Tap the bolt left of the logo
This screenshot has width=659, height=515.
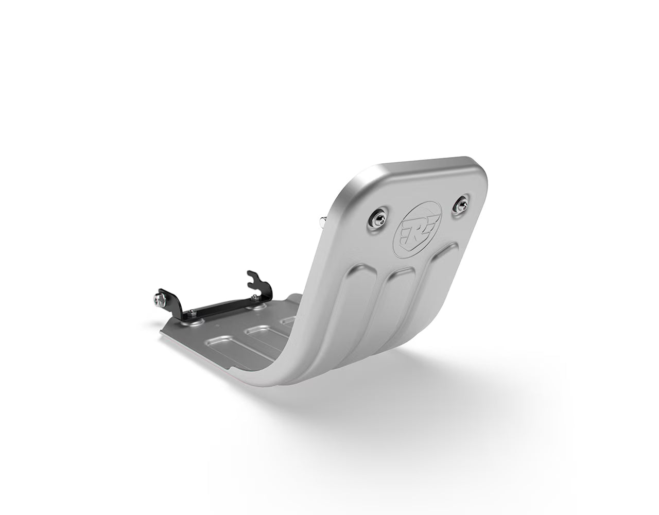376,222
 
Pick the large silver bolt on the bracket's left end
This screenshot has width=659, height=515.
157,299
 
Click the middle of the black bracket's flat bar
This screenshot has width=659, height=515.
221,306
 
